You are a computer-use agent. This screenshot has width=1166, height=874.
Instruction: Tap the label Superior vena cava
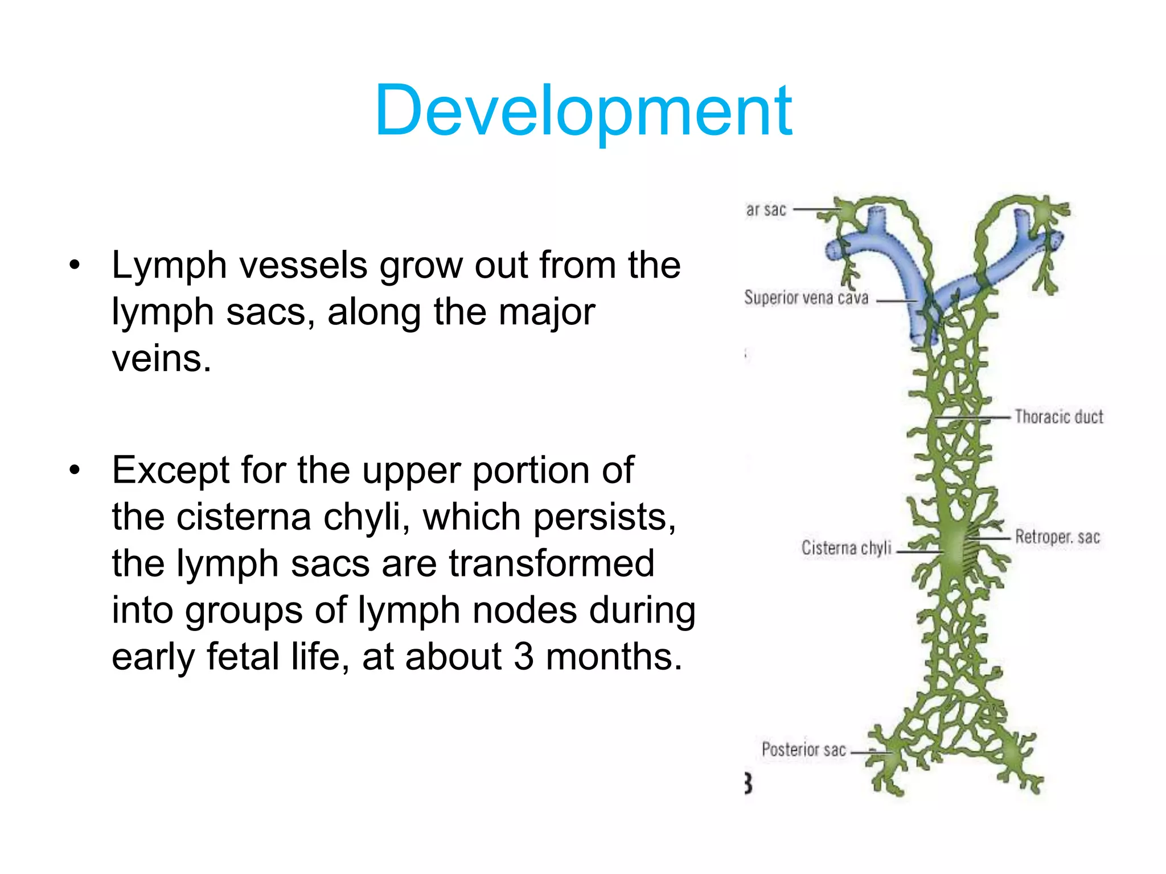pyautogui.click(x=806, y=298)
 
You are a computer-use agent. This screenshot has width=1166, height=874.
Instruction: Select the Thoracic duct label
pyautogui.click(x=1058, y=417)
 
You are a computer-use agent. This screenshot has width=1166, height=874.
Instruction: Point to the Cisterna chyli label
pyautogui.click(x=846, y=548)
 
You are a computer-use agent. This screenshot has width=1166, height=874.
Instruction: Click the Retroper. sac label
pyautogui.click(x=1057, y=537)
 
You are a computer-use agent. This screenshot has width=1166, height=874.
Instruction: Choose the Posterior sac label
pyautogui.click(x=803, y=749)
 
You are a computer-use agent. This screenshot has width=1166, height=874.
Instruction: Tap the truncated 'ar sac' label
pyautogui.click(x=766, y=210)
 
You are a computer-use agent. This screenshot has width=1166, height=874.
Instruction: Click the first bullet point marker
pyautogui.click(x=74, y=265)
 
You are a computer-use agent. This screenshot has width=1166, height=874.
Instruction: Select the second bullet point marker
pyautogui.click(x=74, y=471)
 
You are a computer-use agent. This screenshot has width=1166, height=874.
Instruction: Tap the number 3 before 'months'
pyautogui.click(x=524, y=656)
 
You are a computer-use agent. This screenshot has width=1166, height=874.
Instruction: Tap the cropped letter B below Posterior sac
pyautogui.click(x=748, y=784)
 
